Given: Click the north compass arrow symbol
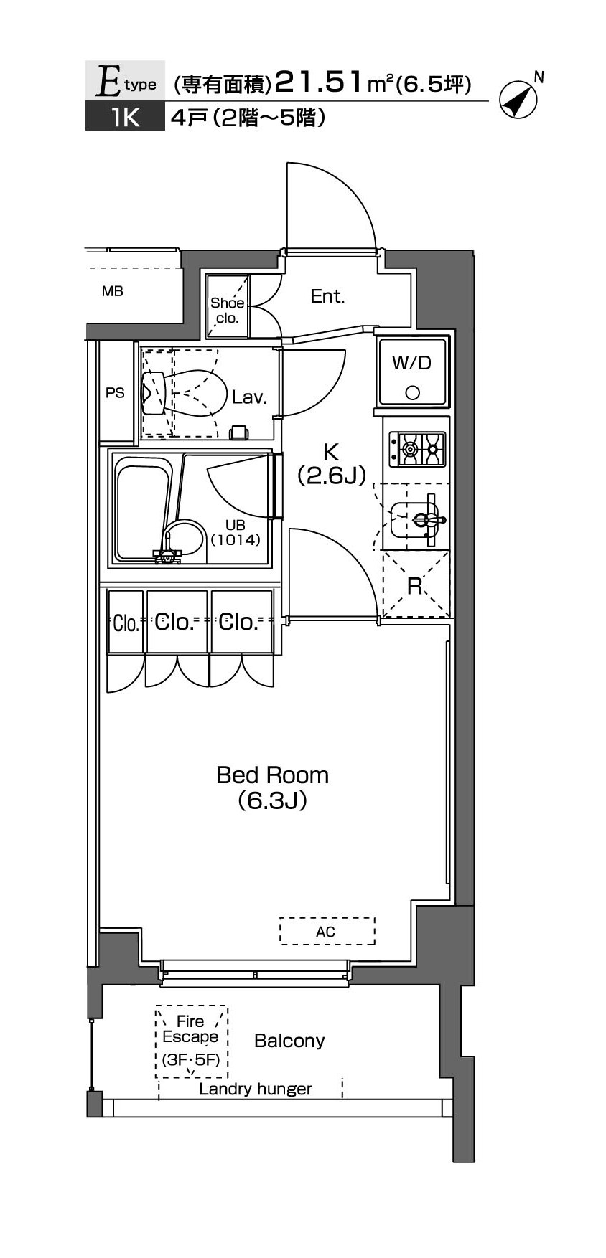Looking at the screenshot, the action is (x=518, y=100).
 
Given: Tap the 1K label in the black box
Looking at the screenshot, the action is (x=125, y=117).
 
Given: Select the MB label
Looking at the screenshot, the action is (x=113, y=291).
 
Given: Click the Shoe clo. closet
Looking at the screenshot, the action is (x=228, y=306).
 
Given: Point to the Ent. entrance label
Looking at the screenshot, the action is (x=327, y=296).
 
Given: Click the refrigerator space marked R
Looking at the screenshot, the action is (x=415, y=585).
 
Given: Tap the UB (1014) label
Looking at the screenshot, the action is (x=235, y=534).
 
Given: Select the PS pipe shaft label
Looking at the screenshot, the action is (x=115, y=392).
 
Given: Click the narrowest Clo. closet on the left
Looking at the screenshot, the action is (x=126, y=622).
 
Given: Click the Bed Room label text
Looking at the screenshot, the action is (x=273, y=775).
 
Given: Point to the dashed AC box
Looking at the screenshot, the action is (x=327, y=931).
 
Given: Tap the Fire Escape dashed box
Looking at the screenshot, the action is (x=191, y=1041).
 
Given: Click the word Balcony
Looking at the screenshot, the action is (x=289, y=1041).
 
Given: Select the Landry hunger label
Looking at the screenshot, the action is (x=256, y=1089).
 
